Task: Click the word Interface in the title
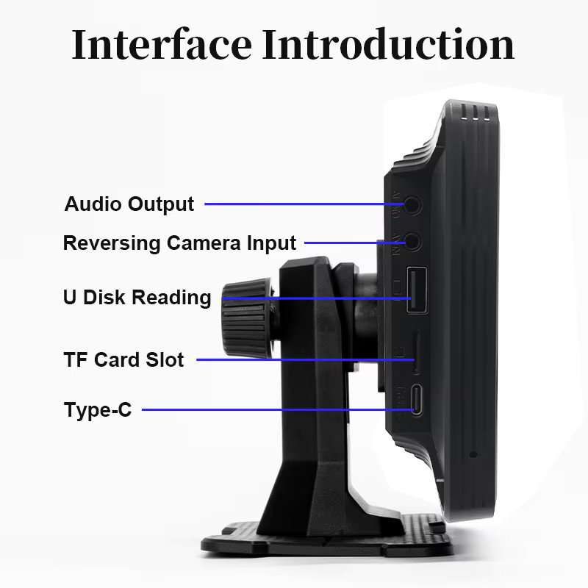(162, 44)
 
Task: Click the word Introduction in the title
(388, 44)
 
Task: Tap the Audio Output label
(129, 204)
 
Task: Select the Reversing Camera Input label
(179, 243)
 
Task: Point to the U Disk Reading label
(137, 298)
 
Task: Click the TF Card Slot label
(123, 359)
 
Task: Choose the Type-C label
(98, 409)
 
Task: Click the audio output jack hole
(412, 205)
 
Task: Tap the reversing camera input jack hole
(412, 243)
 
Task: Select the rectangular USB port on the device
(417, 290)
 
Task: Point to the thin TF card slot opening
(416, 353)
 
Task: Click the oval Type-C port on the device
(416, 400)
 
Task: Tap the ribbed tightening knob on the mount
(247, 318)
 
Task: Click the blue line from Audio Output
(304, 204)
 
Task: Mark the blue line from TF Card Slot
(305, 359)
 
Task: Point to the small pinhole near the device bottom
(473, 454)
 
